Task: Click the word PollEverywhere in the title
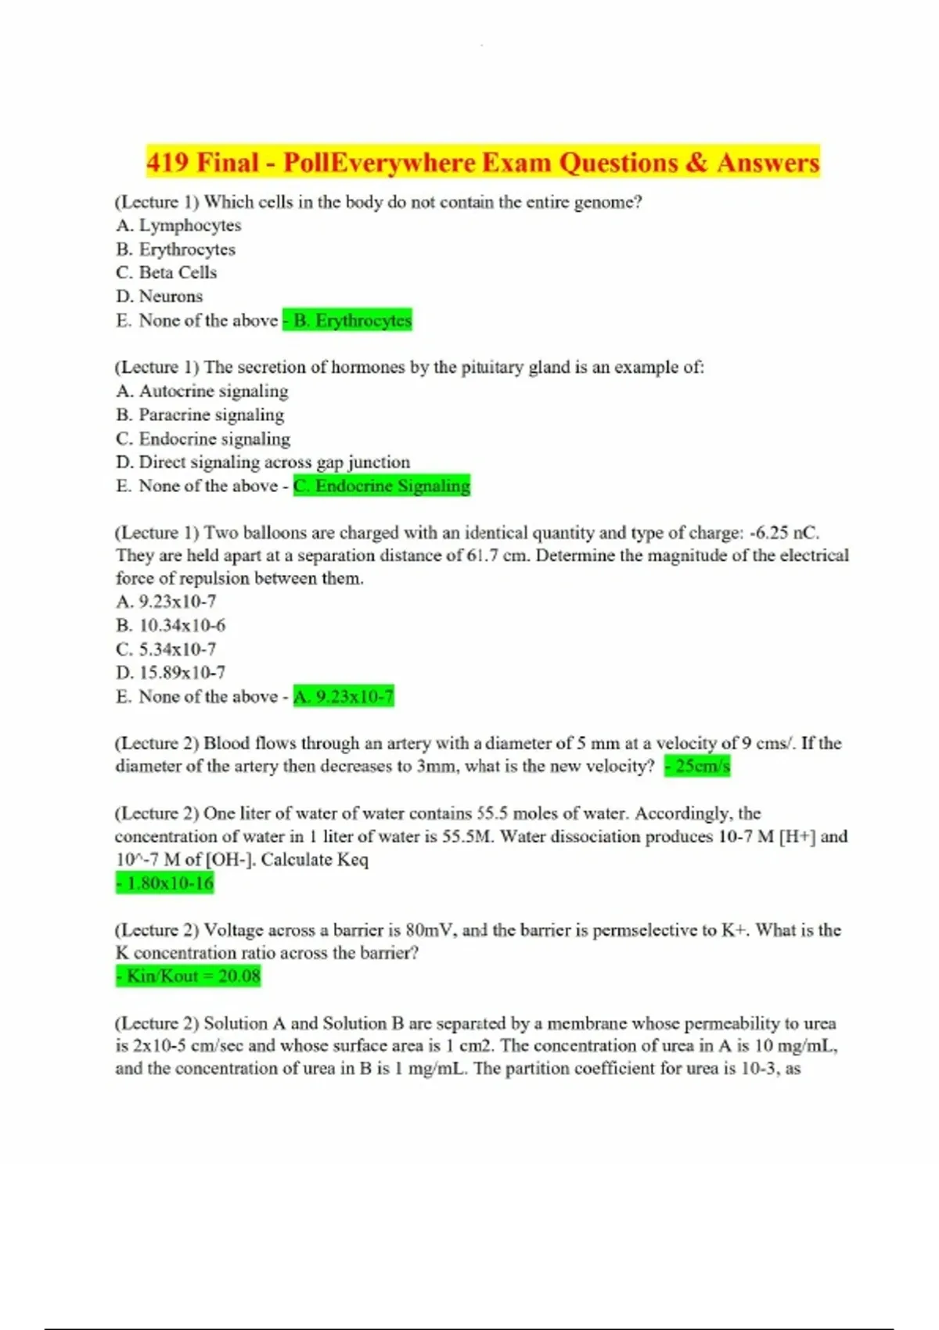click(x=379, y=163)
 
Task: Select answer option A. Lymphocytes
click(x=178, y=225)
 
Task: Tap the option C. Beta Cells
click(x=166, y=272)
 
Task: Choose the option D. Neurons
click(x=159, y=296)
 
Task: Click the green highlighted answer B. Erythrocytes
click(x=347, y=320)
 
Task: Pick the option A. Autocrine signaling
click(x=202, y=390)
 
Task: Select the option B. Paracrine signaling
click(x=200, y=415)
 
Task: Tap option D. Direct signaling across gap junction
click(x=263, y=462)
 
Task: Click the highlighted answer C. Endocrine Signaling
click(x=382, y=486)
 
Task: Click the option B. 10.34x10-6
click(x=171, y=625)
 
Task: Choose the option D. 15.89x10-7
click(x=171, y=672)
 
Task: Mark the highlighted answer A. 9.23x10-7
click(x=344, y=696)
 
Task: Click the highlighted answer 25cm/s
click(x=698, y=766)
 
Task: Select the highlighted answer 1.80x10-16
click(x=165, y=883)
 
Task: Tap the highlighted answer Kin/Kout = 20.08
click(x=189, y=976)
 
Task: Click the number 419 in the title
click(x=167, y=163)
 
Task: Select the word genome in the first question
click(x=608, y=202)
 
